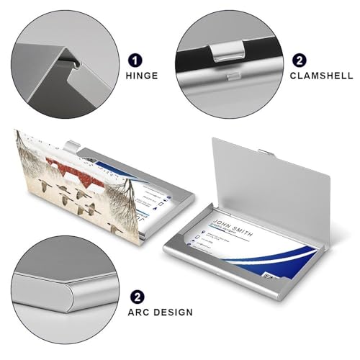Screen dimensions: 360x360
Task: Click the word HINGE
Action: click(x=143, y=75)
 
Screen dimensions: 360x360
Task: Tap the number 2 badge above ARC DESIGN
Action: click(x=135, y=296)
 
